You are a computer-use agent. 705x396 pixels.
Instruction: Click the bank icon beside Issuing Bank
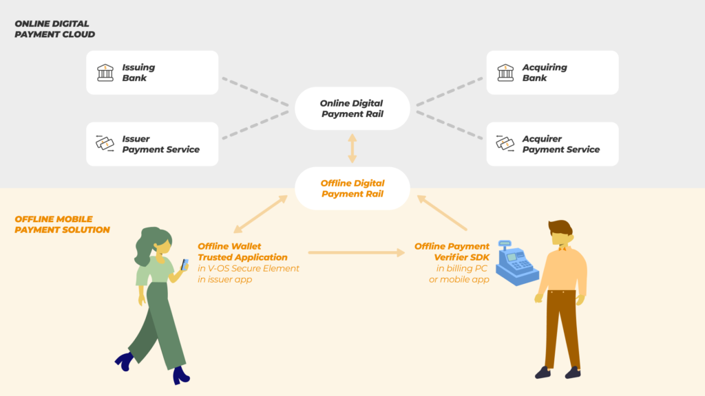click(105, 73)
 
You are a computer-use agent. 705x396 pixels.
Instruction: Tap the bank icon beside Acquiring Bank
click(505, 73)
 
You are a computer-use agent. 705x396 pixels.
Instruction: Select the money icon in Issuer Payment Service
click(105, 144)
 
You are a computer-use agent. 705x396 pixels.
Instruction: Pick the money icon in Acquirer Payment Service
click(505, 144)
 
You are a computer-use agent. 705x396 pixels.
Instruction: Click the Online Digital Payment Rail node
click(352, 109)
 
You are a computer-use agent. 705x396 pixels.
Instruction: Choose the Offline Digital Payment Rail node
click(352, 188)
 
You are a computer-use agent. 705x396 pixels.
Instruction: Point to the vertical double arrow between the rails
click(352, 148)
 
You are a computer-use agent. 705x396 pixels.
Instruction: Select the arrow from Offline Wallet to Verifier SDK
click(357, 252)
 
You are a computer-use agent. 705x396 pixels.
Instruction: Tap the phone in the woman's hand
click(185, 265)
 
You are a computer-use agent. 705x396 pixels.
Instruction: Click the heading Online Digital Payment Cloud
click(55, 29)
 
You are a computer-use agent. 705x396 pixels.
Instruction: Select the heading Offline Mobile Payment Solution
click(62, 225)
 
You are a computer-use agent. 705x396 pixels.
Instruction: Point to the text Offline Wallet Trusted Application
click(243, 252)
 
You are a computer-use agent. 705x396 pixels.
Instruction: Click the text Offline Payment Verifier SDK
click(452, 252)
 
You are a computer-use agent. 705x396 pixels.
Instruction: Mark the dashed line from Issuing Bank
click(255, 92)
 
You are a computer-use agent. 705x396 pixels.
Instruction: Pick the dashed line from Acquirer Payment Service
click(450, 125)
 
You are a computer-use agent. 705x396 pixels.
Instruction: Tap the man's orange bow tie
click(562, 248)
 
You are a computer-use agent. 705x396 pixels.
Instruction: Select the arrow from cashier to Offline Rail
click(443, 213)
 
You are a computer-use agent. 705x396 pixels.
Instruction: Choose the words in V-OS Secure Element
click(248, 269)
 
